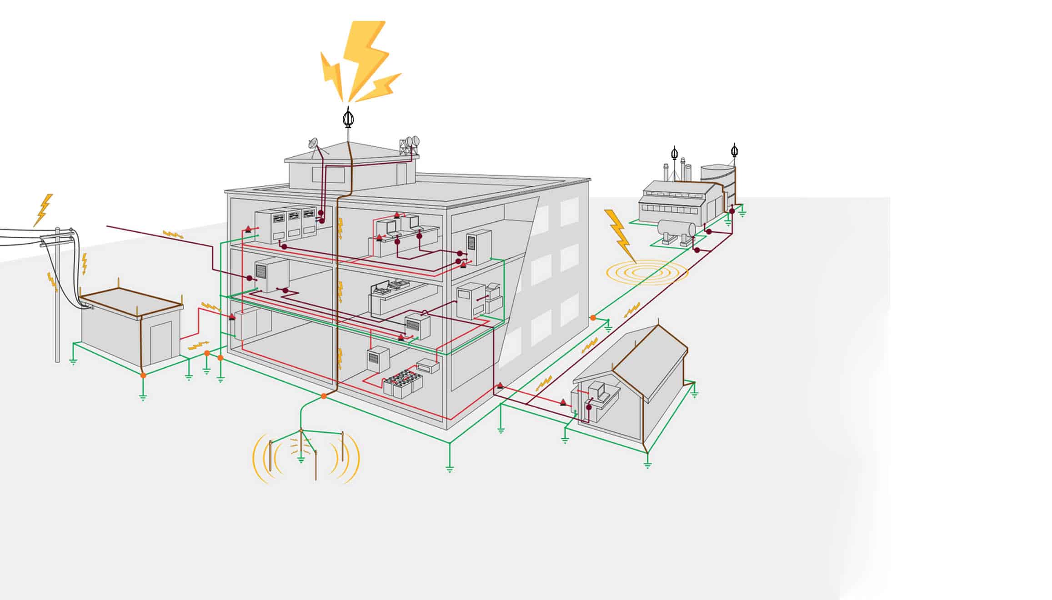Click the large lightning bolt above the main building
[x=364, y=59]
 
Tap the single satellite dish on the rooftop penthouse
[x=313, y=144]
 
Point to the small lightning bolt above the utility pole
[x=44, y=209]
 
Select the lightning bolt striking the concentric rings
[x=619, y=234]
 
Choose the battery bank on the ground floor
[x=403, y=381]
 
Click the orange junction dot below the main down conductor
[x=323, y=396]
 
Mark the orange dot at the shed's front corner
[x=143, y=375]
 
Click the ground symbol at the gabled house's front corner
[x=647, y=464]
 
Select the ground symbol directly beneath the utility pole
[x=73, y=362]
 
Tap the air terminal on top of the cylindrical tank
[x=734, y=150]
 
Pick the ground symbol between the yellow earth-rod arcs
[x=301, y=460]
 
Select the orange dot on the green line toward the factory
[x=593, y=317]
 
